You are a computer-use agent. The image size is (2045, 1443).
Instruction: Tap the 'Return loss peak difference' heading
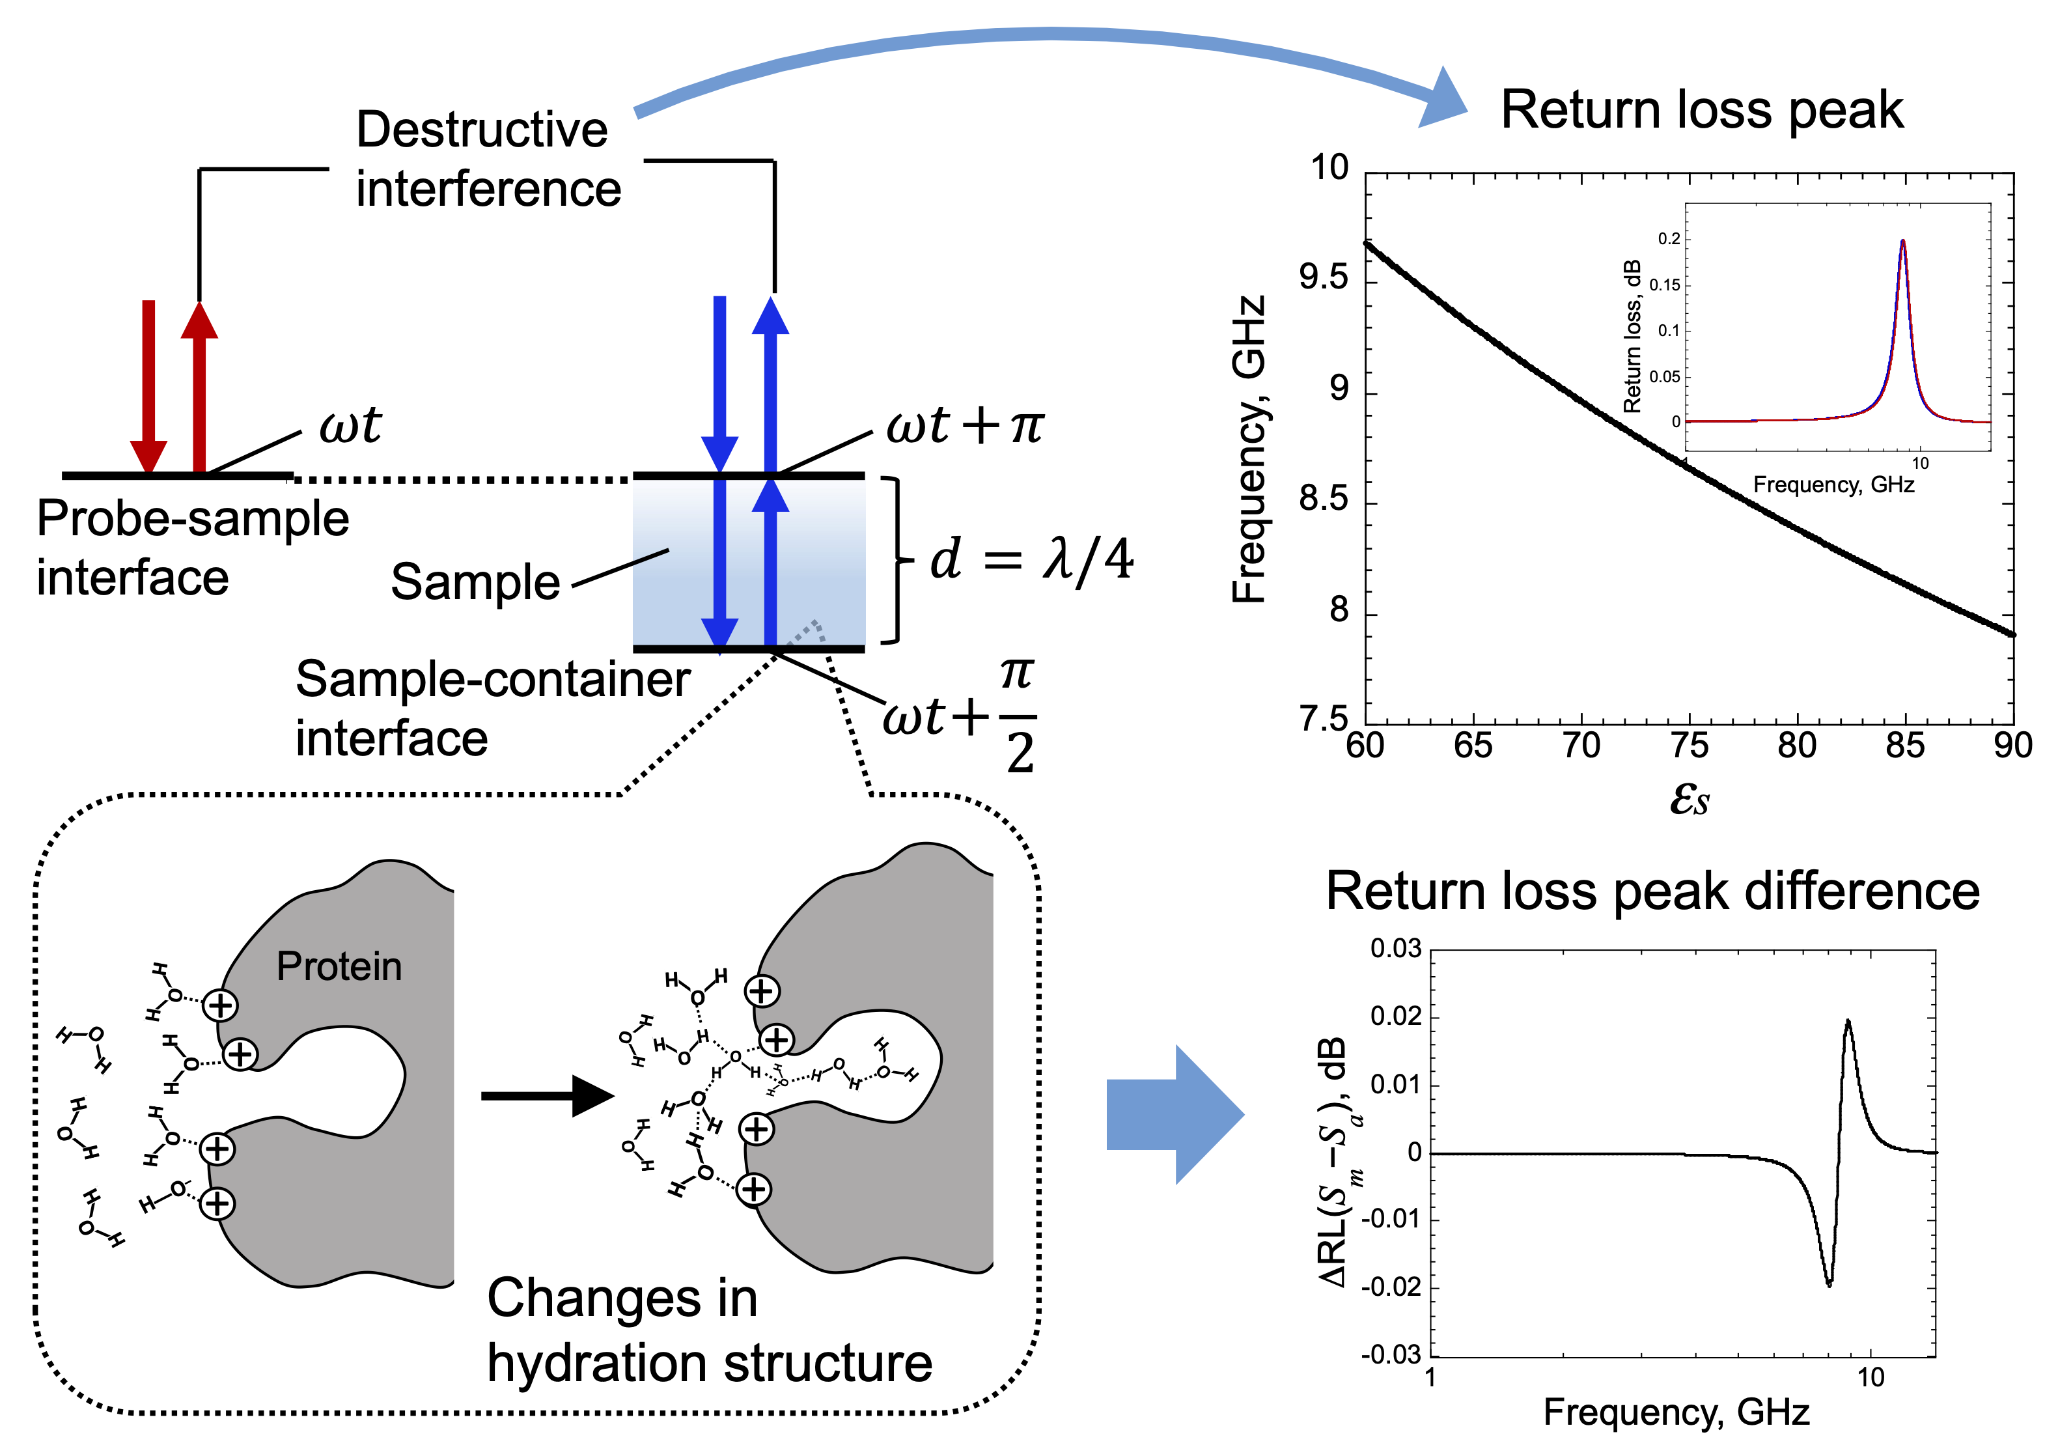tap(1652, 891)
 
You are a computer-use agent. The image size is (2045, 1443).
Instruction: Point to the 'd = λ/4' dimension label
tap(1031, 560)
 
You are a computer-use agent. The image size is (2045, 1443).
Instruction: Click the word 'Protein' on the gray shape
tap(339, 966)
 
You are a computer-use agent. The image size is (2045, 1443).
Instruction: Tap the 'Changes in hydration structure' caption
tap(708, 1331)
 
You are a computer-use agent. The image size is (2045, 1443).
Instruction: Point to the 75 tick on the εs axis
tap(1689, 746)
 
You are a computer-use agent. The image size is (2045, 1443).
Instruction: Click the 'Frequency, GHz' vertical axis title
tap(1249, 450)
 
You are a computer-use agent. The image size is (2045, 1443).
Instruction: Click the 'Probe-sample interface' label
tap(191, 548)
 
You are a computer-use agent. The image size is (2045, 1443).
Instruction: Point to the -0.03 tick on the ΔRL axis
tap(1391, 1355)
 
